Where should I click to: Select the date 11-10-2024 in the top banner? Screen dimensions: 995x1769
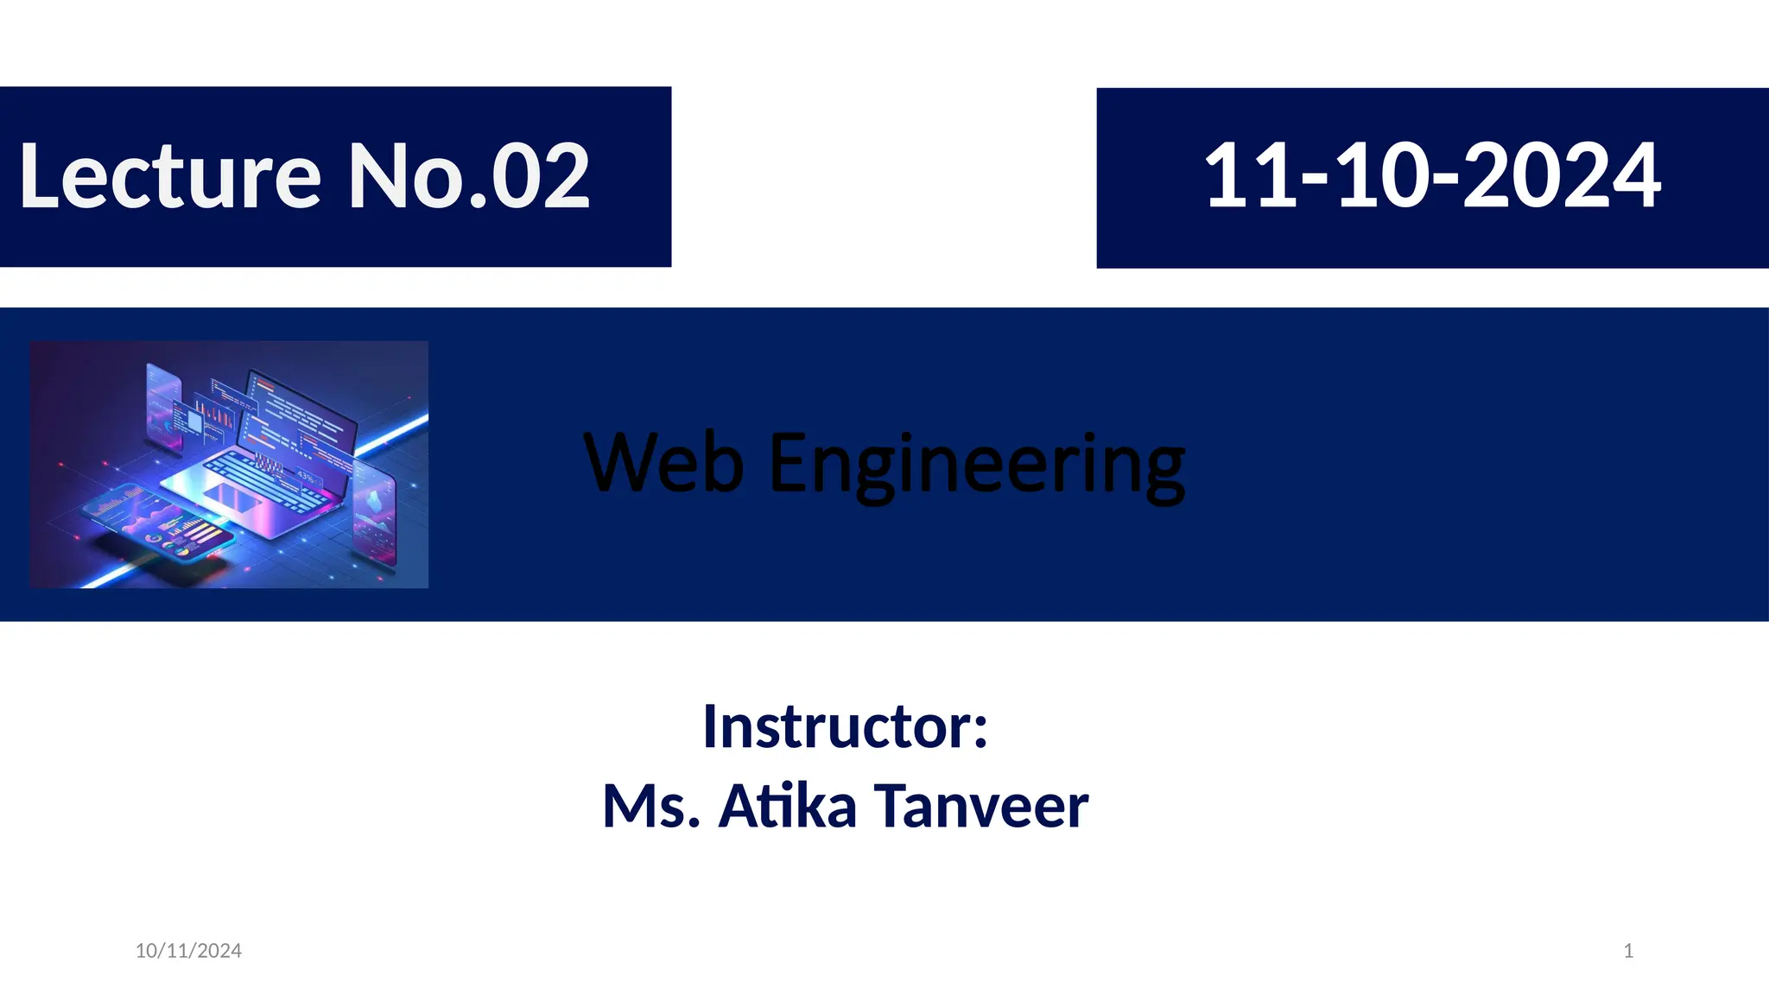point(1431,176)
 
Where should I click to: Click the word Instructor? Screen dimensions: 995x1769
point(845,726)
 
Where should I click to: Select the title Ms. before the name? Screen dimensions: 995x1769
point(650,806)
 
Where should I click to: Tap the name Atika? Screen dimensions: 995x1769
point(788,806)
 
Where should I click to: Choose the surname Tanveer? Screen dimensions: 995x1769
point(981,806)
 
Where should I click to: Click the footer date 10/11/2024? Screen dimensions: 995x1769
point(188,951)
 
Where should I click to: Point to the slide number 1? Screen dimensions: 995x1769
point(1628,951)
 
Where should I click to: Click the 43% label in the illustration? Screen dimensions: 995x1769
point(306,476)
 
